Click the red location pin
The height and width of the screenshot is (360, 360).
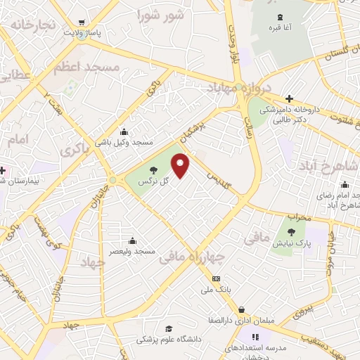tap(181, 166)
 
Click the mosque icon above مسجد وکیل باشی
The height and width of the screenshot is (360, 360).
tap(124, 131)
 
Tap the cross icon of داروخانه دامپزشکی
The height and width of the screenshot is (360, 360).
tap(288, 98)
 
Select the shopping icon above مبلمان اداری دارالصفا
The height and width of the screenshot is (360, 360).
tap(242, 309)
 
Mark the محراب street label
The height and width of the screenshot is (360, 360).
tap(299, 218)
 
